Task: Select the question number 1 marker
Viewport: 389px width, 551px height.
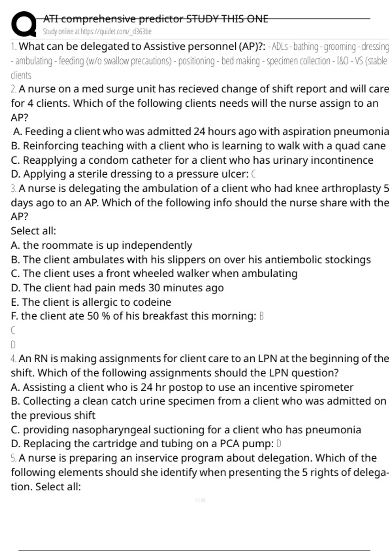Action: click(x=14, y=47)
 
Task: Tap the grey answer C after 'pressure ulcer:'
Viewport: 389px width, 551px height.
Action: click(x=253, y=174)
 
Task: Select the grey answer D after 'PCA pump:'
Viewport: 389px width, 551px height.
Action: click(x=279, y=444)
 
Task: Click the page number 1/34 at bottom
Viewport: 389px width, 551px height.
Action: click(x=200, y=500)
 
